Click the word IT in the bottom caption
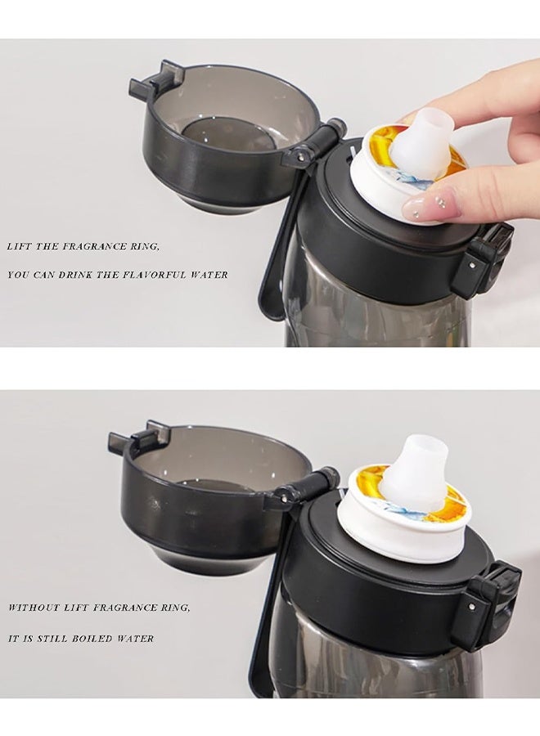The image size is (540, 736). click(13, 639)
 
